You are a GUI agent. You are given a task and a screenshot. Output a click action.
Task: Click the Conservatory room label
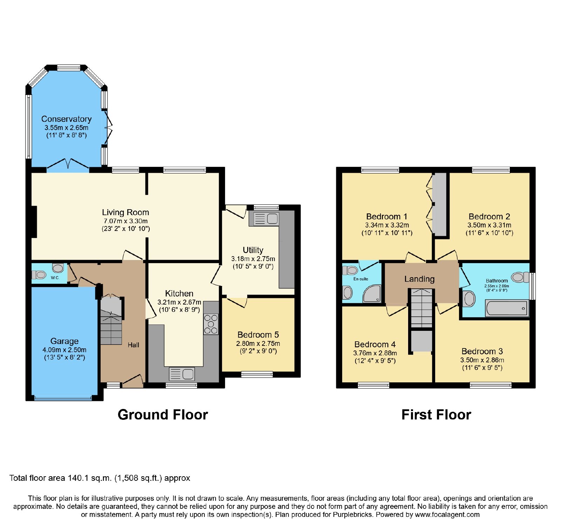coord(66,119)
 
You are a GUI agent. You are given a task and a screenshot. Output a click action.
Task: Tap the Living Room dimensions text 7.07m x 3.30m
coord(126,221)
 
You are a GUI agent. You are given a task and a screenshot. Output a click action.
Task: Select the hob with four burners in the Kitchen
coord(211,324)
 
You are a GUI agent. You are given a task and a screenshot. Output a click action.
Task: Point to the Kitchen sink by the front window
coord(182,374)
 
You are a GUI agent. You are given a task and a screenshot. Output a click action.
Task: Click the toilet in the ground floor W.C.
coord(38,275)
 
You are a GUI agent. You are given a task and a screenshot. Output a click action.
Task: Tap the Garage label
coord(65,341)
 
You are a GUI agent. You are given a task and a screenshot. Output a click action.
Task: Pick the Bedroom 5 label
coord(258,335)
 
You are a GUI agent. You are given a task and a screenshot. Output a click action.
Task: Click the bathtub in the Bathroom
coord(507,308)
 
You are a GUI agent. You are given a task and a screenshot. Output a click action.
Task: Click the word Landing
coord(419,279)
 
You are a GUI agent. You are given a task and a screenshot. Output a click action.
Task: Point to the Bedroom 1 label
coord(387,217)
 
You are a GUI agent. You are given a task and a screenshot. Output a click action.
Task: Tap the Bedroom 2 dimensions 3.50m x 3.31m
coord(489,225)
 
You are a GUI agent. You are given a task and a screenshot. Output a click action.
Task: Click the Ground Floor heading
coord(163,415)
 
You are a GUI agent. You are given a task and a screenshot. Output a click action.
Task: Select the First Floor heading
coord(436,415)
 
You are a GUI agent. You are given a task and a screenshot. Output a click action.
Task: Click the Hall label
coord(133,345)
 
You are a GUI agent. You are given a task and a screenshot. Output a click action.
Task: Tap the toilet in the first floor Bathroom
coord(520,277)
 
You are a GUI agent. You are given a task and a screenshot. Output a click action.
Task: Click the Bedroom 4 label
coord(375,344)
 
